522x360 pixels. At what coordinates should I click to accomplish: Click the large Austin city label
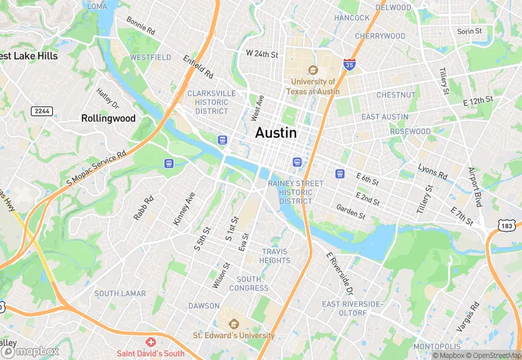coord(276,133)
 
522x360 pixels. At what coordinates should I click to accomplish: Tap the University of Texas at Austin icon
coord(313,70)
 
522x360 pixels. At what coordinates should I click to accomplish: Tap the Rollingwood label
coord(109,118)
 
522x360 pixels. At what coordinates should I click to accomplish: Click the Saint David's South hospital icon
coord(150,342)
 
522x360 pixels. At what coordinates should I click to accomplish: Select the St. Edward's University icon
coord(233,324)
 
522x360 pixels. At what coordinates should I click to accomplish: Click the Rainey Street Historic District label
coord(295,192)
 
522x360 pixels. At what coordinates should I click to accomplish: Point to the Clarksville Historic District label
coord(212,102)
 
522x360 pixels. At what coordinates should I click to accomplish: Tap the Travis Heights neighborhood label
coord(275,256)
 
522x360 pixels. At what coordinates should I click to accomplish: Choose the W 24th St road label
coord(262,54)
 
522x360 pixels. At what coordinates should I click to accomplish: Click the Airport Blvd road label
coord(475,186)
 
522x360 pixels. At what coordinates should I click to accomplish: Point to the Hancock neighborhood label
coord(352,18)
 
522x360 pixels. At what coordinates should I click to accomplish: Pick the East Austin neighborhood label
coord(385,117)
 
